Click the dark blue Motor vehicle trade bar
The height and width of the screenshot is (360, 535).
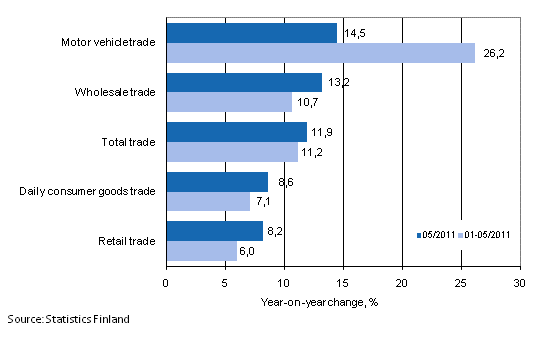coord(251,33)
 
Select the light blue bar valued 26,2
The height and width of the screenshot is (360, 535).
coord(320,53)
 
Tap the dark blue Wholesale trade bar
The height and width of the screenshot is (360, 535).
coord(243,82)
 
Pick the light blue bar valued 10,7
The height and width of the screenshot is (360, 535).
coord(229,102)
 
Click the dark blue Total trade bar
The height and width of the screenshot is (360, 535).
coord(236,132)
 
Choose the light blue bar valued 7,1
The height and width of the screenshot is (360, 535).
coord(207,201)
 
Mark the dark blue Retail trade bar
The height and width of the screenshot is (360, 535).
coord(214,231)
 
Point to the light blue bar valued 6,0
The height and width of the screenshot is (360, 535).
coord(201,250)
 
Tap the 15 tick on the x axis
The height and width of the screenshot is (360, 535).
coord(343,283)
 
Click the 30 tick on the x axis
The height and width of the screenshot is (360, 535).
coord(519,283)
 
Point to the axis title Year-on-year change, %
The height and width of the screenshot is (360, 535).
coord(342,301)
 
